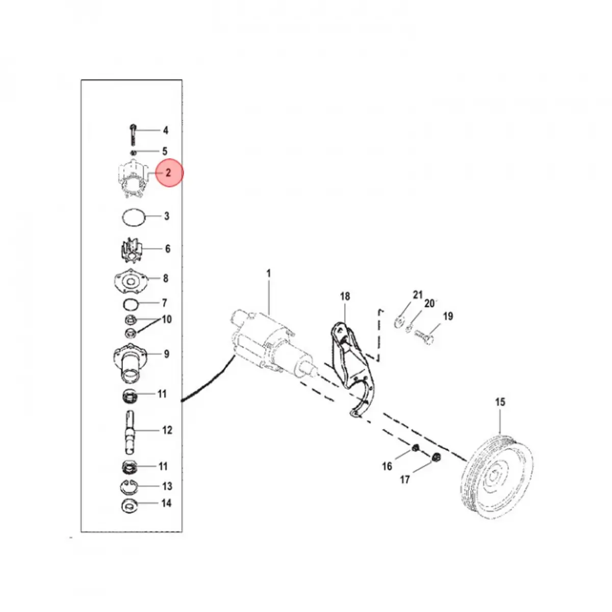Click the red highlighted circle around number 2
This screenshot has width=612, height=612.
point(168,173)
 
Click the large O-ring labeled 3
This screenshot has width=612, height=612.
point(134,218)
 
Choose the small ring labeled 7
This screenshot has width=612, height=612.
point(131,305)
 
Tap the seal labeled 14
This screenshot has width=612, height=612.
point(131,506)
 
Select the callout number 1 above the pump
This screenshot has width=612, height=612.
point(269,274)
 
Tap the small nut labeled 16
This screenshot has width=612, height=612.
point(416,448)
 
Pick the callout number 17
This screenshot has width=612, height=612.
point(405,479)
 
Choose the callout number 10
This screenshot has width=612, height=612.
point(167,320)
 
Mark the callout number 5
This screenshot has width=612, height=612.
point(165,151)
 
